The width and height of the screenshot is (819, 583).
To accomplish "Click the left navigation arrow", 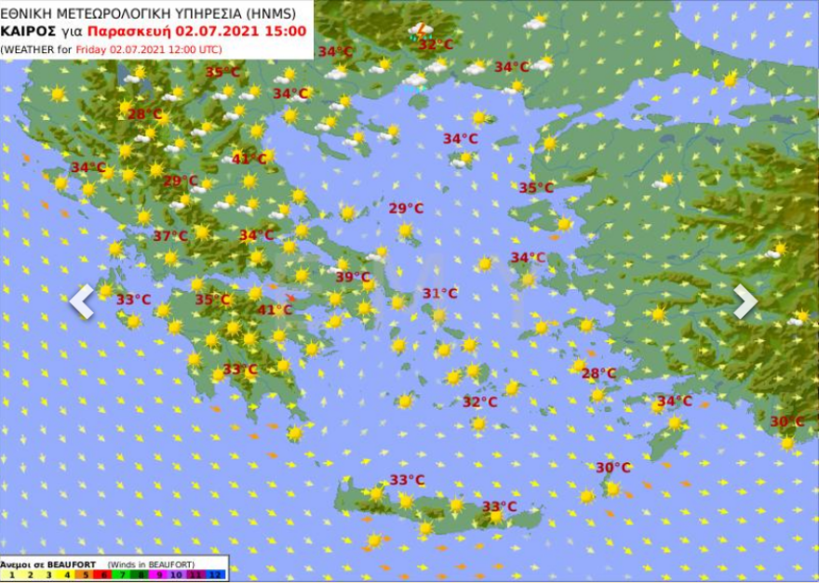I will click(82, 301).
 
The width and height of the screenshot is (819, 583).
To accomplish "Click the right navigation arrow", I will click(745, 301).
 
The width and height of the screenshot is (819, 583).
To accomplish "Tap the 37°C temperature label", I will click(170, 236).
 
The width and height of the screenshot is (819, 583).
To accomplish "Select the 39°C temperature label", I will click(353, 277).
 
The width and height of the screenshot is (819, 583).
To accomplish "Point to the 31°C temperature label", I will click(440, 294).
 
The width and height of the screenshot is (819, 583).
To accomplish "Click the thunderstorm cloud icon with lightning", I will click(420, 31).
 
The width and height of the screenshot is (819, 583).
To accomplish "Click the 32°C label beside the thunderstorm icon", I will click(436, 45).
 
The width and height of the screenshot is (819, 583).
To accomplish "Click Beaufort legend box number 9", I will click(159, 575).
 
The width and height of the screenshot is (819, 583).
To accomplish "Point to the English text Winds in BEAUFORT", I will click(151, 564).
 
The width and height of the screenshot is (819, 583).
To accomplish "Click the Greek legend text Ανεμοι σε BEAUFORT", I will click(47, 564).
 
